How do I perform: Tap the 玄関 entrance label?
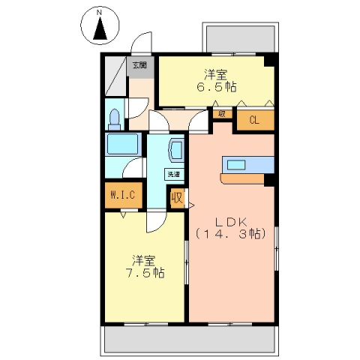click(140, 65)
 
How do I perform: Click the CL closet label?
click(255, 118)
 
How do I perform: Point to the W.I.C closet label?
click(121, 196)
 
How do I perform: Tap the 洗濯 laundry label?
click(173, 174)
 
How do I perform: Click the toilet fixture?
click(115, 118)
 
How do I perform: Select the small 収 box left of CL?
click(223, 114)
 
